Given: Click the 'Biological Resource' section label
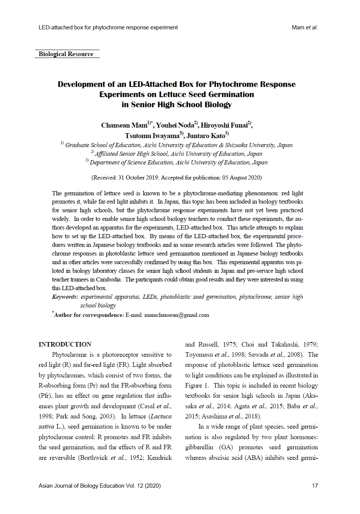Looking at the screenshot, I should point(66,54).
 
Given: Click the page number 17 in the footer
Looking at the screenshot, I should point(315,486).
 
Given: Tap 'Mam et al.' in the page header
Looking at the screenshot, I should point(305,27).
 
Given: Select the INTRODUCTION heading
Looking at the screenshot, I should point(65,344).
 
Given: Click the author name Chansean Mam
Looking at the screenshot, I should point(124,125).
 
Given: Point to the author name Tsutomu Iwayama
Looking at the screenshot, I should point(152,136).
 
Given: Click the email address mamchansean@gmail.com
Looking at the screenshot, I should point(177,315).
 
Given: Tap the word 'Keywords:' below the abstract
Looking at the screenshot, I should point(65,297).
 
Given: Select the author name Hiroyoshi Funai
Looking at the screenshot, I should point(224,125).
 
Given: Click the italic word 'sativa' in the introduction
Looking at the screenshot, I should point(46,427).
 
